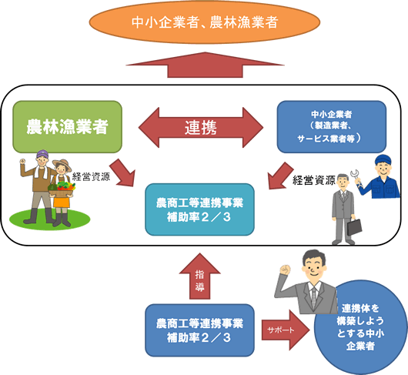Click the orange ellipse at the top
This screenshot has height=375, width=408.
coord(205,22)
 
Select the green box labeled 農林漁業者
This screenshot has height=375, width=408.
coord(68,127)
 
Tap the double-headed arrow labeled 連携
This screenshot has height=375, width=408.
coord(201,128)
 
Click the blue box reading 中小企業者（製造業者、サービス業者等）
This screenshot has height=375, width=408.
coord(332,127)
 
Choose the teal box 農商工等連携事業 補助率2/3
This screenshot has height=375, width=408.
coord(199,209)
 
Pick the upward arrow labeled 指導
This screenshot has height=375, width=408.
coord(199,276)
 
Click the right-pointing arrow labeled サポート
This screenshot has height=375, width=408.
coord(286,330)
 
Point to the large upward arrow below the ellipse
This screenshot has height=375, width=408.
coord(205,65)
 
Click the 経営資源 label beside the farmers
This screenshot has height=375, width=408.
coord(91,176)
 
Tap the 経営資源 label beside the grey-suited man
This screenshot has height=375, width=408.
coord(314,180)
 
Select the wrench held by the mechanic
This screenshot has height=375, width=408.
coord(356,176)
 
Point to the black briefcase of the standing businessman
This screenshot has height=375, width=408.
coord(354,227)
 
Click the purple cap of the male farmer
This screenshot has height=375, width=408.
coord(42,154)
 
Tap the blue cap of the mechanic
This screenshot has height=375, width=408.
coord(383,159)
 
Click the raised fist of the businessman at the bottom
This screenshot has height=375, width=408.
coord(285,270)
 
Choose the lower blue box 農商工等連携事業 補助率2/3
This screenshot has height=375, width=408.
coord(199,330)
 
